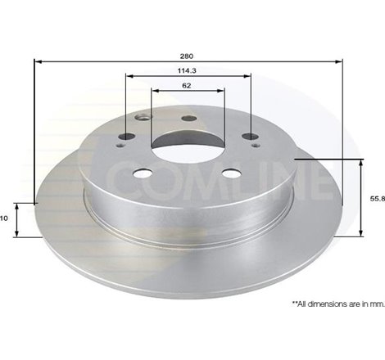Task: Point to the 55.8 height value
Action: pyautogui.click(x=373, y=198)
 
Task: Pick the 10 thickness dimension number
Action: pyautogui.click(x=5, y=218)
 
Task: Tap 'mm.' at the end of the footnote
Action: pyautogui.click(x=376, y=304)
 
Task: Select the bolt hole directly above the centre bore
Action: pyautogui.click(x=188, y=119)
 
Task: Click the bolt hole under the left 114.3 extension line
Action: pyautogui.click(x=125, y=137)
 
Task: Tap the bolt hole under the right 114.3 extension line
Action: pyautogui.click(x=249, y=137)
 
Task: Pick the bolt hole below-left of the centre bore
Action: pyautogui.click(x=143, y=173)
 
